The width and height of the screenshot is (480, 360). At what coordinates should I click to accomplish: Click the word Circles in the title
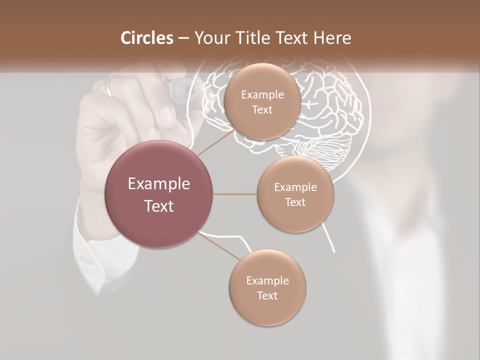(x=146, y=38)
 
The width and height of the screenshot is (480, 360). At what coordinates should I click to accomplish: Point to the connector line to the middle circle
(x=235, y=194)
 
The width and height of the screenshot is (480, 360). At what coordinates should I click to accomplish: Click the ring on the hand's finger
(x=111, y=86)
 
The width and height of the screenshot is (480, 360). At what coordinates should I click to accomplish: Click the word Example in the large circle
(x=159, y=184)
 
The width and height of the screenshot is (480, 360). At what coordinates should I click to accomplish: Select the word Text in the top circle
(x=262, y=110)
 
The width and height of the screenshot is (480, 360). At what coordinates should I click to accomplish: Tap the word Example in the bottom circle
(x=267, y=280)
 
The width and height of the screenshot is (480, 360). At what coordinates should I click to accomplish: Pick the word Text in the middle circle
(x=295, y=202)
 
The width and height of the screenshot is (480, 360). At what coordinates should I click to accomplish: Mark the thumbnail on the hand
(x=166, y=116)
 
